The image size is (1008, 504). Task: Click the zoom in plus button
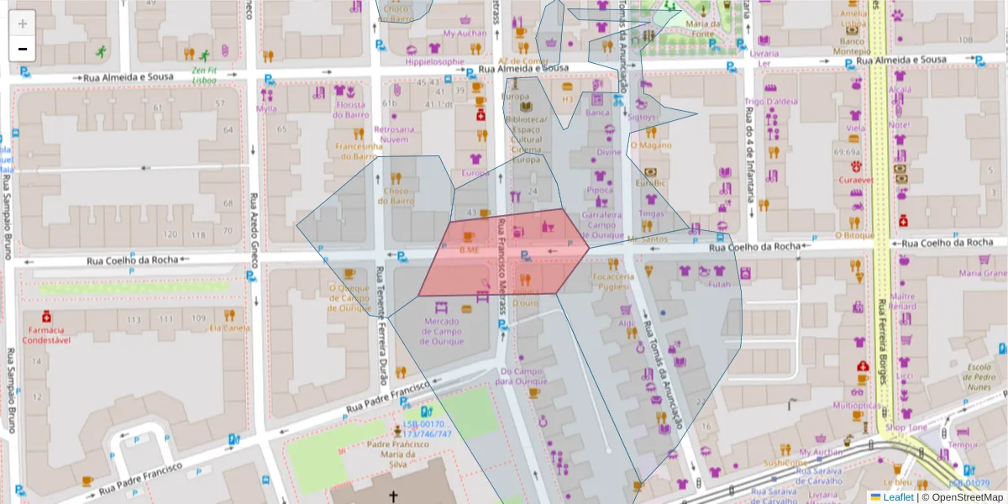(22, 23)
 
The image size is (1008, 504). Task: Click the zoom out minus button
(22, 49)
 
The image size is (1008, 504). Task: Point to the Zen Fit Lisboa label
(203, 76)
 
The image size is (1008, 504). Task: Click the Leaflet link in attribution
(896, 497)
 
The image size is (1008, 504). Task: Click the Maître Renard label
(902, 301)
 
